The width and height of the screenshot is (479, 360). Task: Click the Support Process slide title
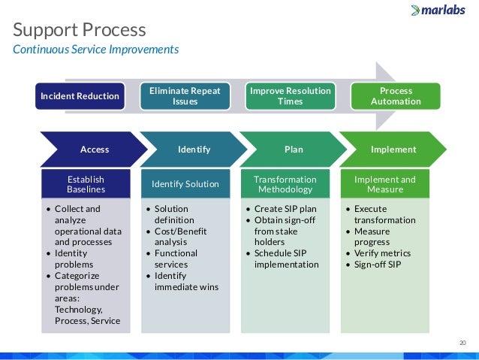(x=80, y=30)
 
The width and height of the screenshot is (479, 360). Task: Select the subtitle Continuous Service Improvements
(x=96, y=50)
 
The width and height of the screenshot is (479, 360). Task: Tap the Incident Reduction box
(x=80, y=96)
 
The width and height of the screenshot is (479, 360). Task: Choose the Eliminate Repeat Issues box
(x=185, y=96)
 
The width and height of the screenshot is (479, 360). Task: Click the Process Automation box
(x=396, y=96)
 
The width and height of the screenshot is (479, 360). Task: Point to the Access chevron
(x=94, y=150)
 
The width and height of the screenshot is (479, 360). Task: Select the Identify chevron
(x=194, y=150)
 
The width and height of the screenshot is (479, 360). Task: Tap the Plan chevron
(x=294, y=150)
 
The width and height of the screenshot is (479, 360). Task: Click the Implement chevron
(x=393, y=150)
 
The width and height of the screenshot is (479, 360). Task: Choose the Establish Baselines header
(x=86, y=185)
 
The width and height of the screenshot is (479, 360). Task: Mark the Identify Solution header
(x=185, y=184)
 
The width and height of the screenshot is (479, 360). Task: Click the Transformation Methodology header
(x=285, y=185)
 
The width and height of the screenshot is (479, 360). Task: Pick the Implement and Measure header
(x=384, y=185)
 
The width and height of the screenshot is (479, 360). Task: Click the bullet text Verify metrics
(x=381, y=253)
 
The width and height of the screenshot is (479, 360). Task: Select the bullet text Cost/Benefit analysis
(x=181, y=237)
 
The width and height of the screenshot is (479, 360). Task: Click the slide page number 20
(x=462, y=343)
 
